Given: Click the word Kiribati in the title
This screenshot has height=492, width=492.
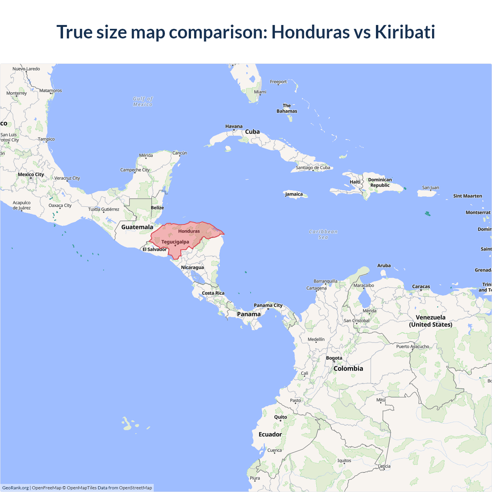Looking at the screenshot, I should [x=405, y=32].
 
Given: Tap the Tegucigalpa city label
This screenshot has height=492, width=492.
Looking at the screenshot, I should [x=175, y=242].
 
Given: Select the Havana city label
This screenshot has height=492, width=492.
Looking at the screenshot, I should [x=234, y=126].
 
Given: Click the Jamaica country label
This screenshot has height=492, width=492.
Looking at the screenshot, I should [x=294, y=194].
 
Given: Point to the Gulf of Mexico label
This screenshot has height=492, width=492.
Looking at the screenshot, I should [x=143, y=101].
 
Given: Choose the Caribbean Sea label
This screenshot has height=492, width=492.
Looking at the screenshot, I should [x=323, y=234].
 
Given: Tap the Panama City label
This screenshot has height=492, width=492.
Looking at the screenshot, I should [x=268, y=305].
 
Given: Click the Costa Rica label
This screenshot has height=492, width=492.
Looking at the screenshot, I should [x=213, y=293].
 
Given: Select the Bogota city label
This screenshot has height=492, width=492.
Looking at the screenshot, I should [x=334, y=358].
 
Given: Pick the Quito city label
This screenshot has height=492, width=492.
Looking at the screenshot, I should [x=281, y=417].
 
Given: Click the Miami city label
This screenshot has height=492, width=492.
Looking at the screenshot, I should [x=260, y=92].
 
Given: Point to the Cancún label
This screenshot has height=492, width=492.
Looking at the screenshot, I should [x=180, y=153].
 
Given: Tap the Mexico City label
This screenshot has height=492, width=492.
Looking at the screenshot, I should [x=31, y=175].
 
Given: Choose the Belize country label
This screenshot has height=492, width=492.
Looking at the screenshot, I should [x=157, y=208].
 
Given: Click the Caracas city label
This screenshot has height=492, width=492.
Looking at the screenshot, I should [x=421, y=286].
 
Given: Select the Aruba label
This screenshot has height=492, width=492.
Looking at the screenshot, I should [x=384, y=266].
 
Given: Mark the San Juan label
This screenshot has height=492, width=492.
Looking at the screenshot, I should [x=430, y=188].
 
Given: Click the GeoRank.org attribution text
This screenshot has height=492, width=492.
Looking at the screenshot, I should [x=15, y=488].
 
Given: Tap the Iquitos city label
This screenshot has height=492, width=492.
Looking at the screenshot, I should [x=344, y=460].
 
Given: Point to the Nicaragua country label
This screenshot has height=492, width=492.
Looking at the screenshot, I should [x=192, y=268].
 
